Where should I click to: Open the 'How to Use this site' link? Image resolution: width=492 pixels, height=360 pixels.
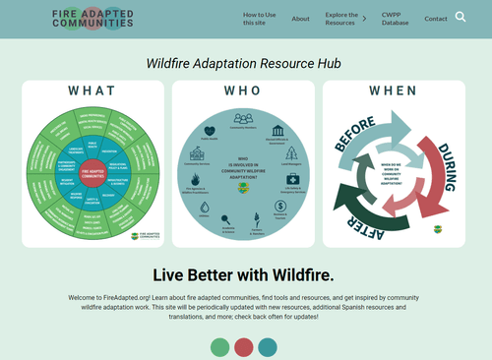pyautogui.click(x=260, y=19)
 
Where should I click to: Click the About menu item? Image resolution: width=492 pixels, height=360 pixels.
pyautogui.click(x=300, y=19)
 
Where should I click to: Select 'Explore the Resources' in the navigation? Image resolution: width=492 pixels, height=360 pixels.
pyautogui.click(x=341, y=19)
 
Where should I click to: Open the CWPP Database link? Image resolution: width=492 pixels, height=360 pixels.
pyautogui.click(x=395, y=19)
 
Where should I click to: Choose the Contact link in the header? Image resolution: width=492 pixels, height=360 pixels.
pyautogui.click(x=435, y=19)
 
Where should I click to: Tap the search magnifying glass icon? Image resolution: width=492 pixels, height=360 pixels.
pyautogui.click(x=461, y=18)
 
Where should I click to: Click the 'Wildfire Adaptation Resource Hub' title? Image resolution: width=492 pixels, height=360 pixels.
pyautogui.click(x=244, y=63)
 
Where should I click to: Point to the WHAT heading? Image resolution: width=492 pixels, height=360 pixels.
pyautogui.click(x=92, y=90)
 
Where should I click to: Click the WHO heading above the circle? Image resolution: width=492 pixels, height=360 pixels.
pyautogui.click(x=243, y=90)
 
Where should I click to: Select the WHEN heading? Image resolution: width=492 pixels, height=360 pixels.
pyautogui.click(x=394, y=90)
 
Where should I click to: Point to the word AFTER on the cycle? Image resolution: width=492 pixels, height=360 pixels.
pyautogui.click(x=365, y=222)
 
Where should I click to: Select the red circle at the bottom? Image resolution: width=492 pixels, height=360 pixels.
pyautogui.click(x=244, y=347)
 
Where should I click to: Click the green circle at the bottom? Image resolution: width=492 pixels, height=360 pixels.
pyautogui.click(x=220, y=347)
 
